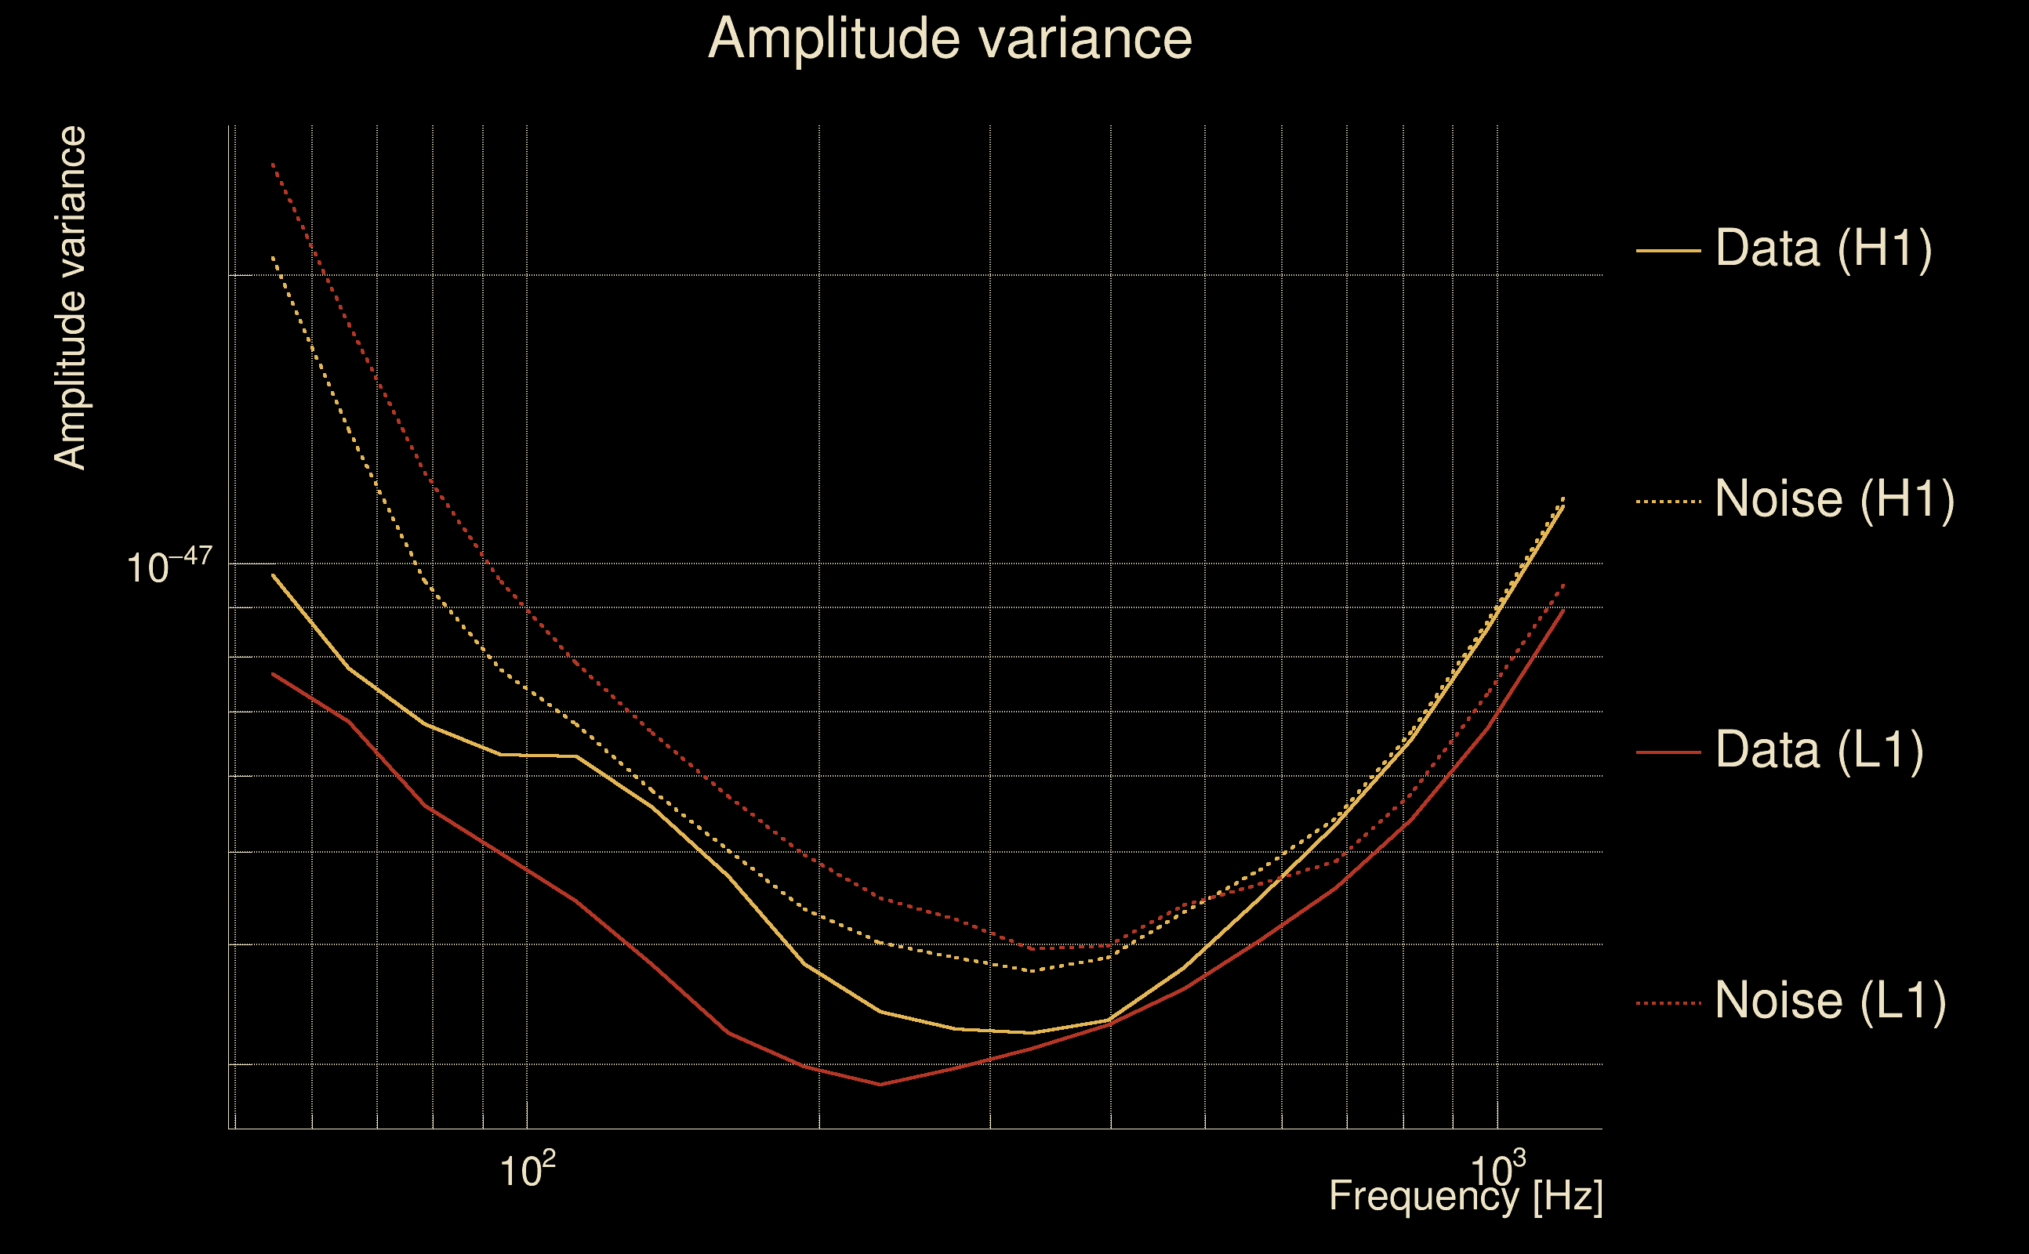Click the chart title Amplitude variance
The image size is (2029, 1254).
coord(949,39)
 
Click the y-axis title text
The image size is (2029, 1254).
coord(70,299)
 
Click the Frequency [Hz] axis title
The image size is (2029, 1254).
coord(1466,1196)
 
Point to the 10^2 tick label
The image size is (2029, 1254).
coord(527,1171)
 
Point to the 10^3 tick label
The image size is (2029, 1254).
coord(1497,1169)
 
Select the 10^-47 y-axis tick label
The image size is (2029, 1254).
coord(169,567)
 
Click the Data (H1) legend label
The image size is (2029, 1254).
coord(1824,248)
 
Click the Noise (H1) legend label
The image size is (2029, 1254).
coord(1834,499)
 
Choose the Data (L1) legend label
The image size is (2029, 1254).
coord(1819,751)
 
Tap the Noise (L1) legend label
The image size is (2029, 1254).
coord(1830,1001)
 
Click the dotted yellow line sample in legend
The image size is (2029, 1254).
coord(1668,502)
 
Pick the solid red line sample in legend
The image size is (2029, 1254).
coord(1668,752)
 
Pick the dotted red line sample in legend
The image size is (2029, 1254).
coord(1668,1003)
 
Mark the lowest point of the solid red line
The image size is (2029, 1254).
coord(880,1084)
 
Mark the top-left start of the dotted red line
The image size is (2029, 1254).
coord(273,165)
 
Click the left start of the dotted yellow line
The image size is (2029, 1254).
coord(273,257)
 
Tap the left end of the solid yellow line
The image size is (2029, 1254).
coord(273,574)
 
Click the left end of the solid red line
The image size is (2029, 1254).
coord(273,673)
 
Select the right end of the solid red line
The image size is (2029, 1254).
coord(1563,610)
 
